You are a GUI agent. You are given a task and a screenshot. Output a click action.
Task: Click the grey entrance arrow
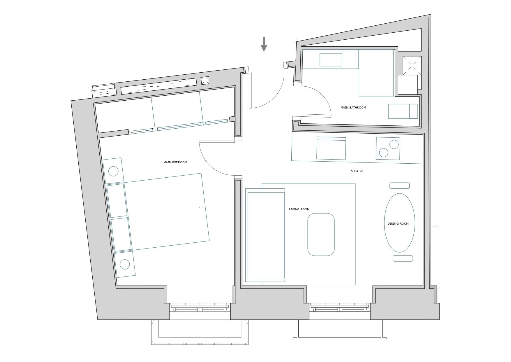264,44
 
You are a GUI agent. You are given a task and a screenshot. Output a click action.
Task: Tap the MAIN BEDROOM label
175,162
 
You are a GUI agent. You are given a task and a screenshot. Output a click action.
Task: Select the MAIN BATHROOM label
353,108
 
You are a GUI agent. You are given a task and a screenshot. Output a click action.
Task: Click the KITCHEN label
357,171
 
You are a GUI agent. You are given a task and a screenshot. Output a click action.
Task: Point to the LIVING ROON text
299,209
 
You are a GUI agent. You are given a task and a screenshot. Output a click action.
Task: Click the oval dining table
399,223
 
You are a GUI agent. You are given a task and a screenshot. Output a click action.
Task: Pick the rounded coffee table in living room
321,235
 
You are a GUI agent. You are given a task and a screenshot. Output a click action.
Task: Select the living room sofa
265,235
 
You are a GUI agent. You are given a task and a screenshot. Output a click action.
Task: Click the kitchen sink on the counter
331,148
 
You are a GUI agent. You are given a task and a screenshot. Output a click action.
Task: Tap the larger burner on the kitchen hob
394,144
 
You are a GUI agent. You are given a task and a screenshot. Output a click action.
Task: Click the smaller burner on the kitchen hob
384,153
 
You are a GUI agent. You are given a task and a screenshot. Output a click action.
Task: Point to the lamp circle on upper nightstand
113,171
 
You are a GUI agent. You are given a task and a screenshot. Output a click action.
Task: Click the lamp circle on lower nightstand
125,264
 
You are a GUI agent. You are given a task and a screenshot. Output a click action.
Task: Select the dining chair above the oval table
399,186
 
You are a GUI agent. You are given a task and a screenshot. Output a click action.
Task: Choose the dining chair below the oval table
403,258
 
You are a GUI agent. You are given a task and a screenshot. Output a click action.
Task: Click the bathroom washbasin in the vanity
331,60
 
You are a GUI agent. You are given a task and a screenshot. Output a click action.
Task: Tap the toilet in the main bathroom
403,111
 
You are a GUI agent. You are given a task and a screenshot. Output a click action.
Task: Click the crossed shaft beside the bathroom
412,65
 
